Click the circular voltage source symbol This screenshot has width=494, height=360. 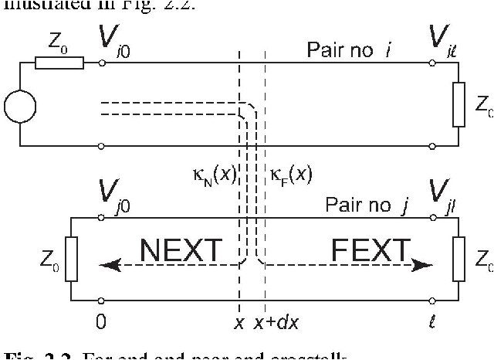tap(20, 105)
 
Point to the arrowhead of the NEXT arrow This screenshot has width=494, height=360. tap(107, 264)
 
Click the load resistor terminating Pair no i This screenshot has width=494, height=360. tap(458, 105)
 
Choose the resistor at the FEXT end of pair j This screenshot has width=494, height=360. tap(458, 259)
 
